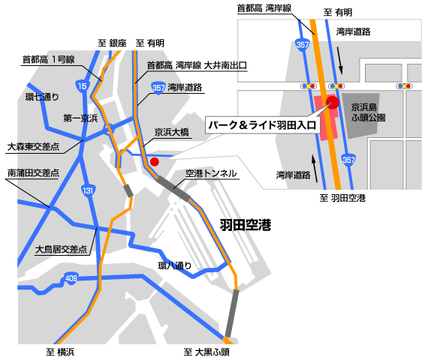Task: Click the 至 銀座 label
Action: (112, 43)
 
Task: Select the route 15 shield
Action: (82, 87)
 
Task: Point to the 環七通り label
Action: (42, 96)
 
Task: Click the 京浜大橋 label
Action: (172, 132)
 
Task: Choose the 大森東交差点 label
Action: (33, 146)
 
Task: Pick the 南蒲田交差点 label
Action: (33, 172)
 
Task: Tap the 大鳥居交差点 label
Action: (62, 249)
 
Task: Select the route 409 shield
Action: (71, 280)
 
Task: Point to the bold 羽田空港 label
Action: (245, 224)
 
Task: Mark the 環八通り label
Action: (174, 265)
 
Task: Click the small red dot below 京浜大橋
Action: (155, 160)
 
